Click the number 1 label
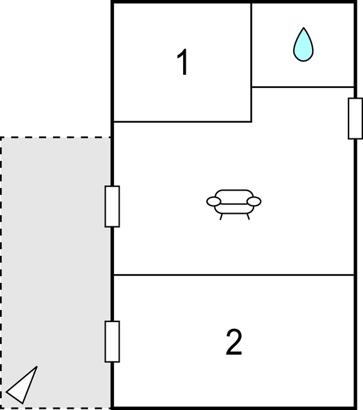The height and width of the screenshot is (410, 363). coord(183,62)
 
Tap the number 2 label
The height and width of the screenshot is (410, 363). coord(234,341)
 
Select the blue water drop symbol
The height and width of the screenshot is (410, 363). coord(303,45)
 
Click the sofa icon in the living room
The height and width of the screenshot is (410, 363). coord(234,204)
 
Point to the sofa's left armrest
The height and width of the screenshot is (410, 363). coord(214,202)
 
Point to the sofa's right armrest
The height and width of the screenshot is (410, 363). coord(254,202)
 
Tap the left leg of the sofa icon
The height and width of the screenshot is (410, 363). coord(221,217)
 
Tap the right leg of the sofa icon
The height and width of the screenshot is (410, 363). coord(248,217)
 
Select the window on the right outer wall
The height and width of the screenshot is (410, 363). coord(355,118)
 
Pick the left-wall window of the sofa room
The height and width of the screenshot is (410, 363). coord(112,206)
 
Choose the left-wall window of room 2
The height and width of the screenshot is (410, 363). coord(112,341)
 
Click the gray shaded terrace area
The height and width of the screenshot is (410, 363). coord(55,272)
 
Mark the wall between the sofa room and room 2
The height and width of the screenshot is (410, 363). coord(234,275)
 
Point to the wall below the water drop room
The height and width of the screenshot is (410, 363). coord(303,87)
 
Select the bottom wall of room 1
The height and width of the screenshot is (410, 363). coord(182,121)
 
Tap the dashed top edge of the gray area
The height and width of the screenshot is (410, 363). coord(55,137)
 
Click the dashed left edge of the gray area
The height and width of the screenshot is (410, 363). coord(1,272)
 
